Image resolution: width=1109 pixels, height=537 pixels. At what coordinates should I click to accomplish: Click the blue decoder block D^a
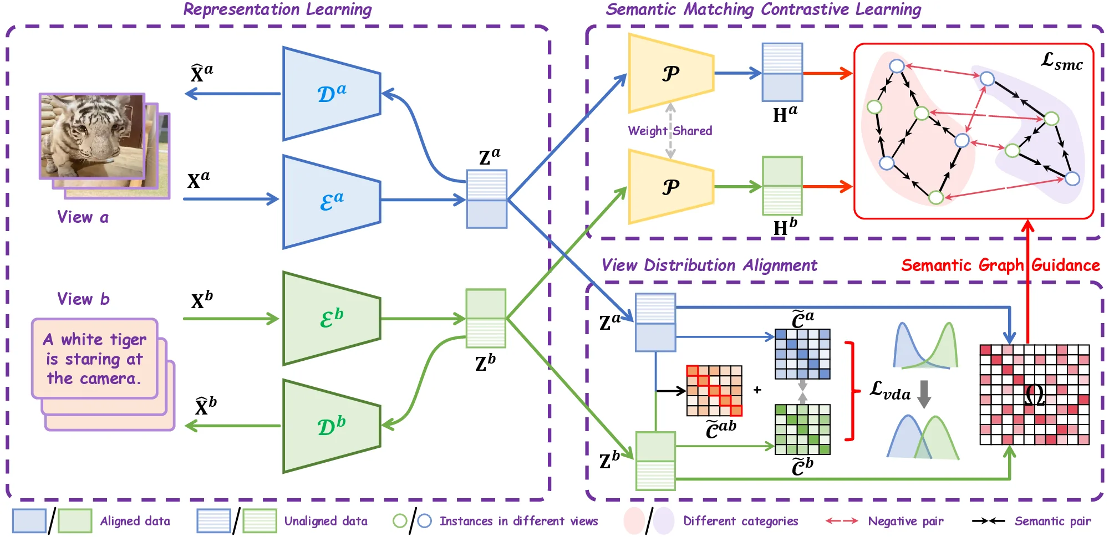click(331, 94)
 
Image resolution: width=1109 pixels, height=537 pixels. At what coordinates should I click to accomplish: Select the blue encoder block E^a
click(331, 202)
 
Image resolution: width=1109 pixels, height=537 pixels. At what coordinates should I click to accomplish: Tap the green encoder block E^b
click(331, 318)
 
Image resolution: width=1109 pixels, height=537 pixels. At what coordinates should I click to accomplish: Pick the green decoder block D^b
click(331, 426)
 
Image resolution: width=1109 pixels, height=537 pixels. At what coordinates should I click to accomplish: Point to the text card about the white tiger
click(95, 359)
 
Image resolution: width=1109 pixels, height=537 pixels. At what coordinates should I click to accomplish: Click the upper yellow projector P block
click(670, 74)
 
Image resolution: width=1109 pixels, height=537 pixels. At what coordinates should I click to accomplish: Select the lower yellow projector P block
click(670, 187)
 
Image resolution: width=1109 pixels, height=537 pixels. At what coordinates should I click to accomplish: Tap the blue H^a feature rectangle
click(782, 73)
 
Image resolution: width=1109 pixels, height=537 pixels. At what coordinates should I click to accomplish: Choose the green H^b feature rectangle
click(782, 186)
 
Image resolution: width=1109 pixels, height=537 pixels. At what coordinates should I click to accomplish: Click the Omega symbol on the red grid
click(1034, 396)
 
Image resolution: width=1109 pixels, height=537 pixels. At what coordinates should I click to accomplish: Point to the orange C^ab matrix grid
click(714, 391)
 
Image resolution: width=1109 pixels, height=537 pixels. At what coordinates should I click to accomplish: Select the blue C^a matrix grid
click(802, 354)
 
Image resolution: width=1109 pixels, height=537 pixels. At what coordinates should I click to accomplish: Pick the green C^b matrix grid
click(802, 429)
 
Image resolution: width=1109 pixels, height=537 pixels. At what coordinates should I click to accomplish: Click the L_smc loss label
click(1061, 62)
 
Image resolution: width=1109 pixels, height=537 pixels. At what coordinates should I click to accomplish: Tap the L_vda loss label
click(889, 390)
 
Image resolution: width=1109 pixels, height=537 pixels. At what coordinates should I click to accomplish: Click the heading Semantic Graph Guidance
click(1000, 265)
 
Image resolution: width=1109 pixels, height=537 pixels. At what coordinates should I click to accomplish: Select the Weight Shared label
click(670, 131)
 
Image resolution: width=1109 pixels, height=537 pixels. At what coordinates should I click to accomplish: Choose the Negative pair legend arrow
click(842, 521)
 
